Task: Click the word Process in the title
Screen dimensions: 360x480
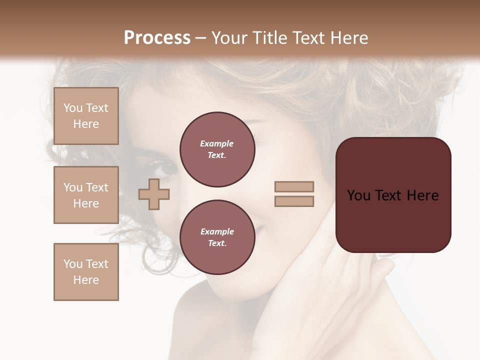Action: coord(157,38)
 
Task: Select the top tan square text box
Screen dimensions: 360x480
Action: coord(86,116)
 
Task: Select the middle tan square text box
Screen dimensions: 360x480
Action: coord(86,195)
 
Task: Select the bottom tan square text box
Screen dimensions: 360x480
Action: coord(86,272)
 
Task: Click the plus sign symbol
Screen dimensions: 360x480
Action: coord(154,194)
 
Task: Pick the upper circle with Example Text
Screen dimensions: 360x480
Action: coord(217,149)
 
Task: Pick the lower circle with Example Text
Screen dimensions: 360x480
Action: coord(217,237)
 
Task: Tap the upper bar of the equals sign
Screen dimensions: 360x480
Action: coord(294,186)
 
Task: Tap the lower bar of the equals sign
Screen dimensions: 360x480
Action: coord(294,201)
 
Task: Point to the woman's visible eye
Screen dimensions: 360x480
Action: coord(168,166)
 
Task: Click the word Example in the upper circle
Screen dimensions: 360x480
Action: coord(217,143)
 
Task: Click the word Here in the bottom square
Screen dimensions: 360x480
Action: coord(86,280)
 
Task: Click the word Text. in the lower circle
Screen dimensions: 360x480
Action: coord(217,243)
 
